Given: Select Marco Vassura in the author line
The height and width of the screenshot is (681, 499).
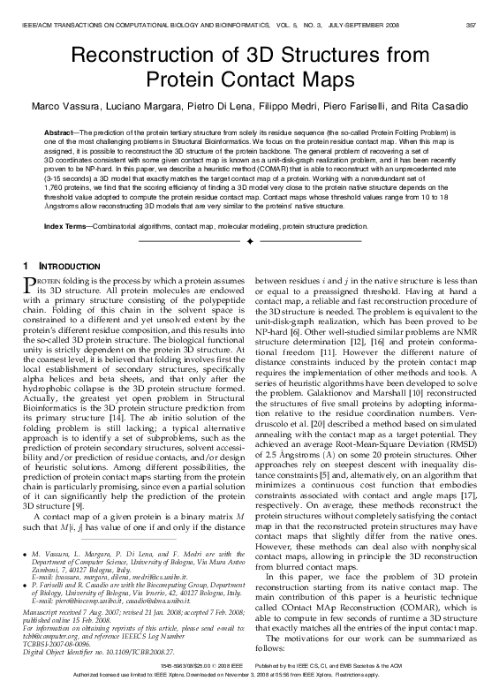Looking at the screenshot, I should pos(63,106).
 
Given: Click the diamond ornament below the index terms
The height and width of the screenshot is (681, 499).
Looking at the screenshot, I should pos(250,240).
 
